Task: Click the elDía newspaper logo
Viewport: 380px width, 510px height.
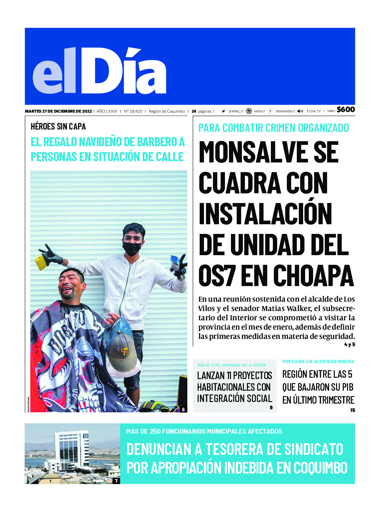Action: tap(99, 71)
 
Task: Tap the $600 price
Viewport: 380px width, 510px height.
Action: tap(346, 110)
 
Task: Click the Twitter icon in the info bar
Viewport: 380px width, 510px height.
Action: tap(223, 111)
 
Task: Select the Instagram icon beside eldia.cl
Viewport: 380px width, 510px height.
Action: tap(249, 111)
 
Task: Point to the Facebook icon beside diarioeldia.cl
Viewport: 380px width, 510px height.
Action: tap(271, 111)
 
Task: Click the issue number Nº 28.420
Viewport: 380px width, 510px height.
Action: tap(133, 111)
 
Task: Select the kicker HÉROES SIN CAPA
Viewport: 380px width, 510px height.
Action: tap(58, 127)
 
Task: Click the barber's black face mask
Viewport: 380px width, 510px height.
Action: tap(132, 248)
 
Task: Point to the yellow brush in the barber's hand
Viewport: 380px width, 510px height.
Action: tap(41, 262)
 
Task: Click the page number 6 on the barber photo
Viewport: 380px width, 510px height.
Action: tap(183, 409)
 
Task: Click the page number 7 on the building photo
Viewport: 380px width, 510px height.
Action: tap(116, 480)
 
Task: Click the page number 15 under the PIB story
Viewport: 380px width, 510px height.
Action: tap(352, 410)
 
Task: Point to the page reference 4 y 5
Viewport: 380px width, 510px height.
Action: tap(349, 345)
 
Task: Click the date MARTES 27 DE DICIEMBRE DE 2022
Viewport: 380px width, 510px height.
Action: tap(58, 111)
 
